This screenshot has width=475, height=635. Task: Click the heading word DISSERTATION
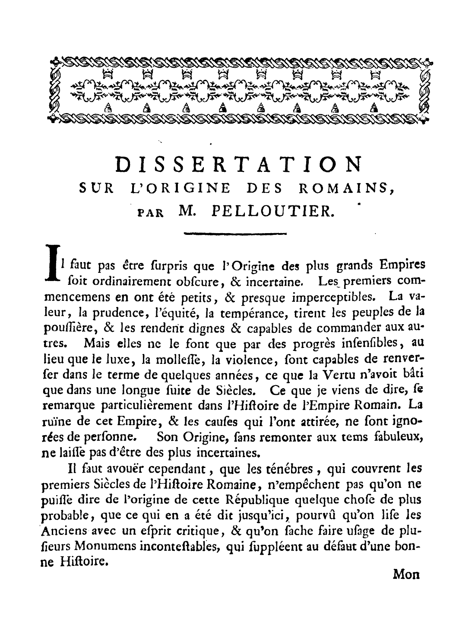[238, 164]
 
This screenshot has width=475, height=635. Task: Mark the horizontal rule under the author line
[235, 234]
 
